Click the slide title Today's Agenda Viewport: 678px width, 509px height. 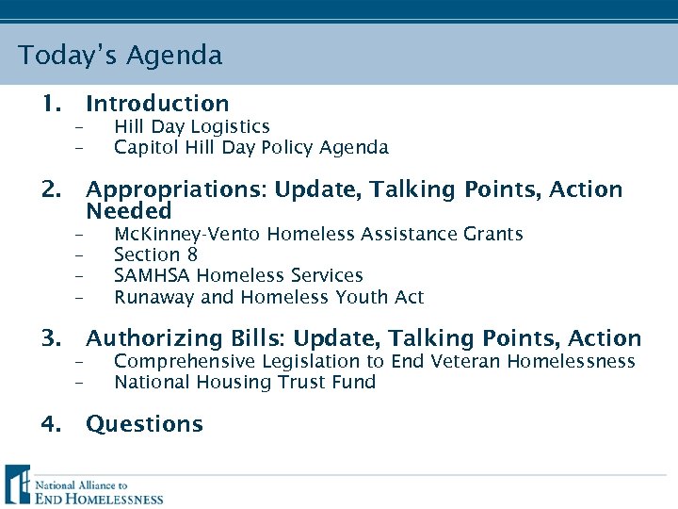[121, 56]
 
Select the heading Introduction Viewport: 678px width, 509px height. [157, 104]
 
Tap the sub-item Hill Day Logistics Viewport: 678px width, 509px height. [192, 126]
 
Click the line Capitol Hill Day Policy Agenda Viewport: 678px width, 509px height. [250, 147]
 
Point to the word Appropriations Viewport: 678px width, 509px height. [176, 189]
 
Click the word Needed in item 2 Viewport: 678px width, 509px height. [129, 211]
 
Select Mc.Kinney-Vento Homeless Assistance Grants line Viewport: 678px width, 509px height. [318, 234]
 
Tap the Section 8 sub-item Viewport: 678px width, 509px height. [155, 254]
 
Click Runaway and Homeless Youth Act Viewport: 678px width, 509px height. [268, 297]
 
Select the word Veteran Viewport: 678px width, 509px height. [466, 361]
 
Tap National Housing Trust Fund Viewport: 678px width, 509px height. [245, 382]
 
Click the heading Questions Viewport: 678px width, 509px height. [144, 424]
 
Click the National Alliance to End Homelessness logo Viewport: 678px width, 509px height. [85, 485]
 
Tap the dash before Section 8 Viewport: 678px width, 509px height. [80, 255]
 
